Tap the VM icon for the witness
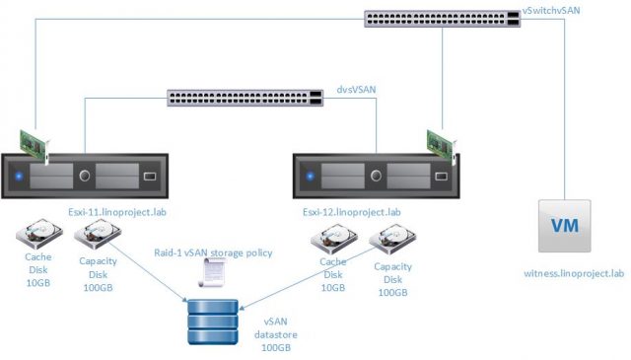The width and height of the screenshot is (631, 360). click(x=564, y=225)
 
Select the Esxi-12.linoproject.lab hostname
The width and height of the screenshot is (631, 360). click(x=352, y=211)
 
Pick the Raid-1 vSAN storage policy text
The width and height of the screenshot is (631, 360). click(x=213, y=252)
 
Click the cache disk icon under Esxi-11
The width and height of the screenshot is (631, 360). click(x=36, y=236)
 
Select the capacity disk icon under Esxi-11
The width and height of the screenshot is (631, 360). click(x=97, y=238)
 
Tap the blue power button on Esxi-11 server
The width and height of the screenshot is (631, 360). click(x=19, y=179)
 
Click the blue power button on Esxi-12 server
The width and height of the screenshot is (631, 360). click(x=311, y=179)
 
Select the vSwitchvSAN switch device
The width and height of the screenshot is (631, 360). click(x=440, y=19)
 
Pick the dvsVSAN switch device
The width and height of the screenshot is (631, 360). click(x=245, y=98)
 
